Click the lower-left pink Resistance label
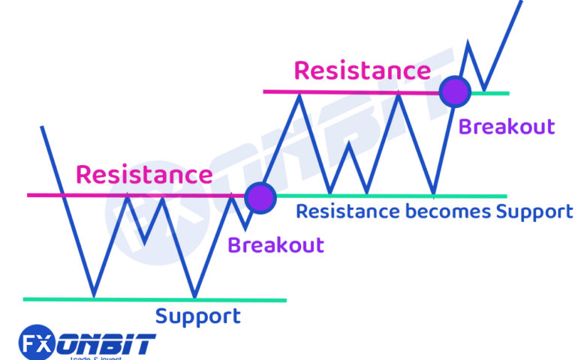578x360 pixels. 144,175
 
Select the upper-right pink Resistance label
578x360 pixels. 362,70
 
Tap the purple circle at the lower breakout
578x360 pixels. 260,196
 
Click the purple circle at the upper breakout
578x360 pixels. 454,91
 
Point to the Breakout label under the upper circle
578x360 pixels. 507,126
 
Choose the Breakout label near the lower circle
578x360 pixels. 275,245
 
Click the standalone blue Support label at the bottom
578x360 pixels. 198,316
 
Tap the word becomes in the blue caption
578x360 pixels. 447,211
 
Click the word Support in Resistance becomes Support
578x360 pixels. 534,212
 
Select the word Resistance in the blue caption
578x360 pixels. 348,211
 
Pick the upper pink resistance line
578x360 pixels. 338,91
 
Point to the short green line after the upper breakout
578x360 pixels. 492,93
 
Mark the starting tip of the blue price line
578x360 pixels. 41,127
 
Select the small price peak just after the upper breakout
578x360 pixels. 469,43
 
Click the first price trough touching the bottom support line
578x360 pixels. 93,295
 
